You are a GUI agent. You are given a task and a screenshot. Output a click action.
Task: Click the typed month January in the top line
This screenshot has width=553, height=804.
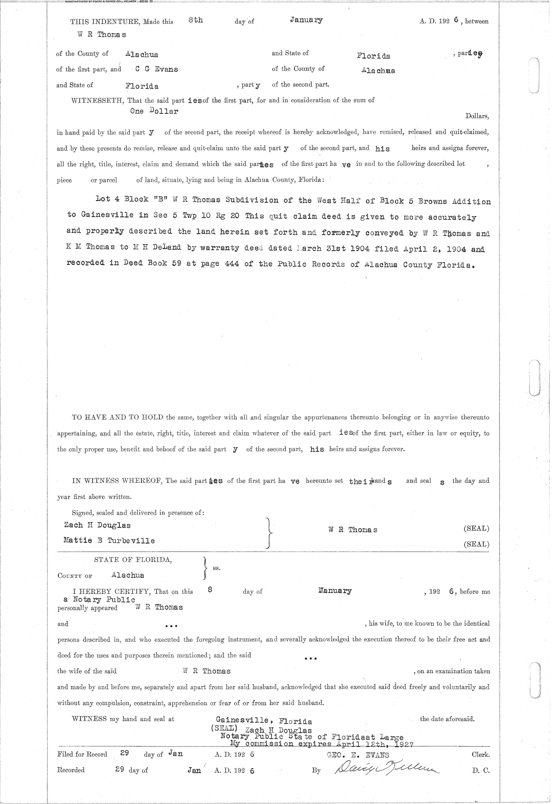tap(306, 20)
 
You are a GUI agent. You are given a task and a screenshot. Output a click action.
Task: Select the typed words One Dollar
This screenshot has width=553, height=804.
tap(154, 111)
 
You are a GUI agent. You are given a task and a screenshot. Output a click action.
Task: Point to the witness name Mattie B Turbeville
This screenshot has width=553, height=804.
tap(109, 540)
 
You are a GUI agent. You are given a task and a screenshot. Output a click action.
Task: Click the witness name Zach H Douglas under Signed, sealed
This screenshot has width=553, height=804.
tap(97, 525)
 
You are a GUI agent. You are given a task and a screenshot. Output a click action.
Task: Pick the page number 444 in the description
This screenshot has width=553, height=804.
tap(229, 264)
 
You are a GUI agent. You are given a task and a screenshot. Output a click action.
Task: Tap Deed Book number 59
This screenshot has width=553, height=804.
tap(172, 264)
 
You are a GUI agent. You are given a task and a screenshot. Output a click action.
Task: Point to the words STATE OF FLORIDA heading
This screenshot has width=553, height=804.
tap(133, 560)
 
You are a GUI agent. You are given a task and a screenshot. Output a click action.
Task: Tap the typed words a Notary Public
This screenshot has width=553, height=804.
tap(100, 599)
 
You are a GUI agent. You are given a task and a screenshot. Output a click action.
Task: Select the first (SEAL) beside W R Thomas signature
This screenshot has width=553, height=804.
tap(476, 528)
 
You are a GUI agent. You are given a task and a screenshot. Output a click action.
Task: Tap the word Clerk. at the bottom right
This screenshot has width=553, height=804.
tap(481, 755)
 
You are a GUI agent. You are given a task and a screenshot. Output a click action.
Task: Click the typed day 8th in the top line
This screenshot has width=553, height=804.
tap(195, 20)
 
